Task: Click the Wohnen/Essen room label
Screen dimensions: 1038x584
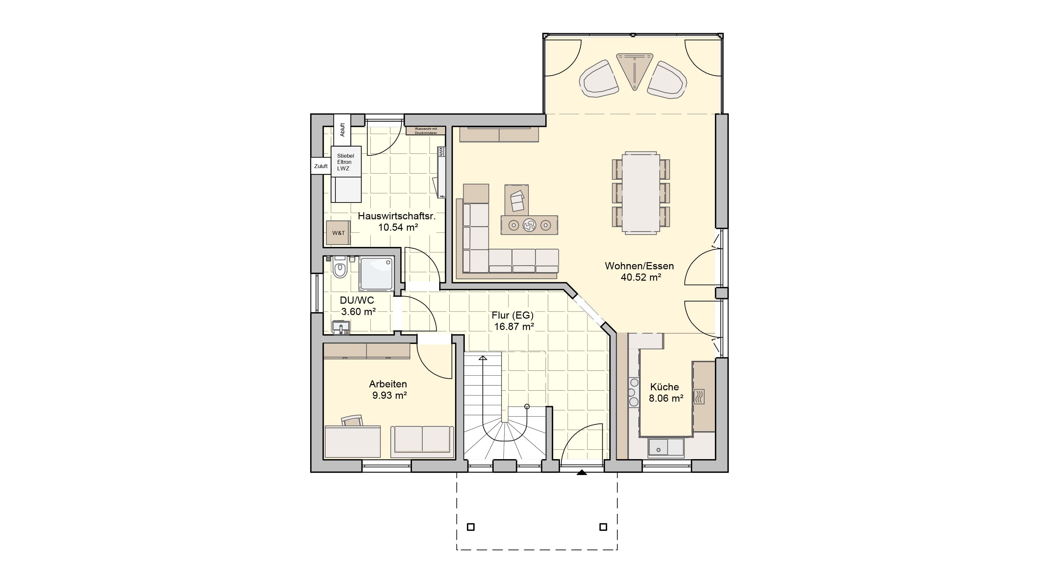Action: tap(639, 266)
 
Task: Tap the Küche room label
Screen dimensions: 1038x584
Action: tap(664, 387)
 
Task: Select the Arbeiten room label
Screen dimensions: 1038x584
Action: tap(388, 384)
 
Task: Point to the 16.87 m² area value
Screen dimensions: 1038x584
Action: tap(514, 326)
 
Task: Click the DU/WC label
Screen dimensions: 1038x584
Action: tap(357, 300)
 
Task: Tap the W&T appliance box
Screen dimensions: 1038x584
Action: tap(338, 233)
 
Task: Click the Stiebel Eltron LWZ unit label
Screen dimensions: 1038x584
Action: tap(345, 162)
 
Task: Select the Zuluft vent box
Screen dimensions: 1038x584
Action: tap(321, 166)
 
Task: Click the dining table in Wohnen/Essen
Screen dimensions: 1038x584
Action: tap(641, 193)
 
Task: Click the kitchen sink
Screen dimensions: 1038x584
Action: tap(666, 448)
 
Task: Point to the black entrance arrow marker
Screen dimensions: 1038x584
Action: tap(582, 472)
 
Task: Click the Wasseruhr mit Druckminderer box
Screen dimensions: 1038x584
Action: tap(426, 130)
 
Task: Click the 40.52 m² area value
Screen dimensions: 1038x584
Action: tap(641, 277)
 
